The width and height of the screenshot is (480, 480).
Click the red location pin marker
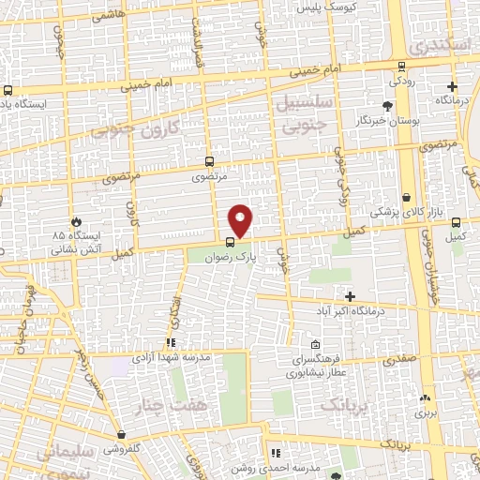click(x=241, y=220)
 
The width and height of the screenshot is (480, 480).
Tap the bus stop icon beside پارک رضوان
click(x=231, y=243)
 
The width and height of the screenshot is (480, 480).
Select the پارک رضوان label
click(x=232, y=256)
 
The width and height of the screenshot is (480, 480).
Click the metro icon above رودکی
click(x=401, y=66)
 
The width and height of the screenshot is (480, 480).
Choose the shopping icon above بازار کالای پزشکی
click(x=407, y=198)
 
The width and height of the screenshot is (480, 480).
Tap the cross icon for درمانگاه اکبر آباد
click(x=349, y=296)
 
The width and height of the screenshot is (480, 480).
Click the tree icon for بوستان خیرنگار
click(x=388, y=106)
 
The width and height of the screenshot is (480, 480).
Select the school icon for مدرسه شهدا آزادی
click(x=170, y=343)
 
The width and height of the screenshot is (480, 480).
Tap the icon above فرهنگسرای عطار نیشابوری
click(x=316, y=343)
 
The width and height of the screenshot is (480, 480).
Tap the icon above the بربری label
click(x=426, y=397)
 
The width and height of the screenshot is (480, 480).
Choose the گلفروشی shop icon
click(x=121, y=435)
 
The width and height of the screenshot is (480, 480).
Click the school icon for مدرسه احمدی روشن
click(x=276, y=454)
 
